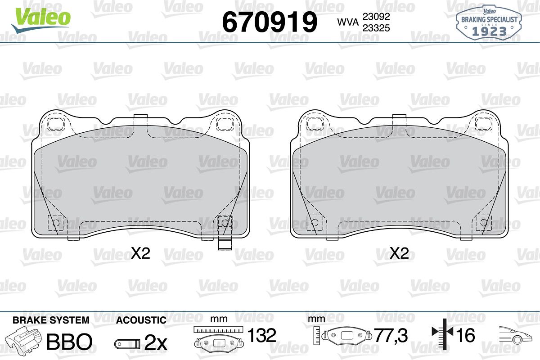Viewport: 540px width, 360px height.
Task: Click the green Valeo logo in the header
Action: pyautogui.click(x=41, y=20)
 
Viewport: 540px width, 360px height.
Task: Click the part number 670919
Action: pyautogui.click(x=270, y=22)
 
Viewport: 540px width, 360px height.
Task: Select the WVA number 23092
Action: pyautogui.click(x=376, y=16)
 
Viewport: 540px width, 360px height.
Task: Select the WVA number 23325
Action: pyautogui.click(x=376, y=28)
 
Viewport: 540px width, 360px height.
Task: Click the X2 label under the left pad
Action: pyautogui.click(x=140, y=253)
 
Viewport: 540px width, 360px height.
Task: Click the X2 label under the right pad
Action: pyautogui.click(x=399, y=253)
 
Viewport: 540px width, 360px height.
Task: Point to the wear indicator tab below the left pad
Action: pyautogui.click(x=225, y=244)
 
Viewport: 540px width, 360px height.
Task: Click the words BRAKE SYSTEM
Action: pyautogui.click(x=51, y=320)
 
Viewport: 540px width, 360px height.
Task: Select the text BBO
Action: pyautogui.click(x=69, y=342)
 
